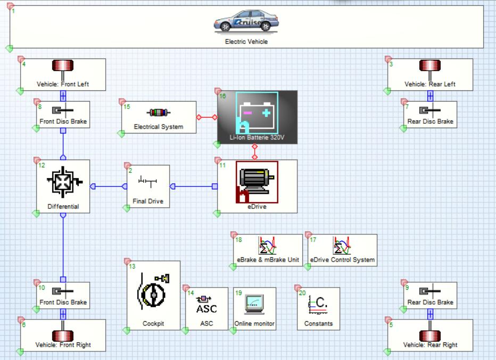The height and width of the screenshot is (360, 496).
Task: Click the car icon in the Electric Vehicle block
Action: [246, 22]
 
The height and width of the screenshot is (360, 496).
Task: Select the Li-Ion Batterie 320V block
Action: [257, 116]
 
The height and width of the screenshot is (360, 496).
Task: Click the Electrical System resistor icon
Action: [159, 113]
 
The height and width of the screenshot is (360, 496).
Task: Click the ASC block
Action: [206, 308]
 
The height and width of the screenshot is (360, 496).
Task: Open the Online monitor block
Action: [254, 308]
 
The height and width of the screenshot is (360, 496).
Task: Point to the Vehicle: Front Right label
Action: [63, 345]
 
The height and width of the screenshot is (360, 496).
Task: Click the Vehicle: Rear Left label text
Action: [430, 84]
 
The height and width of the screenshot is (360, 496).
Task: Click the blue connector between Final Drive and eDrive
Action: [193, 186]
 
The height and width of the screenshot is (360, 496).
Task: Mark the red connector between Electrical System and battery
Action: [206, 117]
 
